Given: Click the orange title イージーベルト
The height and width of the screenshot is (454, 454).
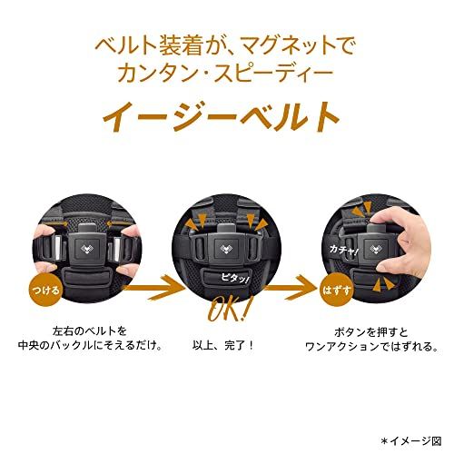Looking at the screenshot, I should click(227, 117).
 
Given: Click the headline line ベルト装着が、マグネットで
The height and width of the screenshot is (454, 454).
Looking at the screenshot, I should click(227, 43).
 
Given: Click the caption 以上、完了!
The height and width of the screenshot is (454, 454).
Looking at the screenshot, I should click(226, 345).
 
